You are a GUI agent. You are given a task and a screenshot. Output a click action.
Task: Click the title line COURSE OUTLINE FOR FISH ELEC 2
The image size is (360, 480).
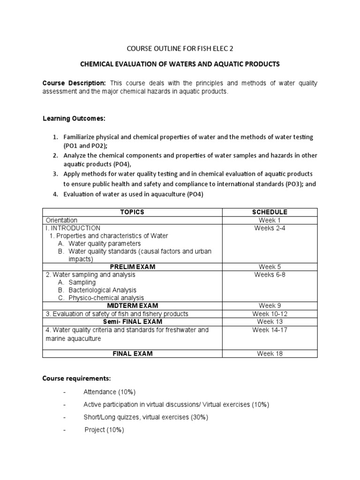click(180, 48)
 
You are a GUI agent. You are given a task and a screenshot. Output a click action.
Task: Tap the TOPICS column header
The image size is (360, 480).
click(132, 212)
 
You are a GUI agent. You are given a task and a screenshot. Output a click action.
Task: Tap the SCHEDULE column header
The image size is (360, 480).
click(270, 212)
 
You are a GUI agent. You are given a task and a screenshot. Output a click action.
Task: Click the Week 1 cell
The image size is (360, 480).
click(270, 220)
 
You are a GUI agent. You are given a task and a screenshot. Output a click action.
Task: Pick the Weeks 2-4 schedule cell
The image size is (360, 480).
click(270, 228)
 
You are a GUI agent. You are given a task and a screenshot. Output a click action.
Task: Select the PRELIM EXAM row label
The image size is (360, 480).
click(132, 267)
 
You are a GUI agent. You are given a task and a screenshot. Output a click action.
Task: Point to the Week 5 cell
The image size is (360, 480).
click(270, 267)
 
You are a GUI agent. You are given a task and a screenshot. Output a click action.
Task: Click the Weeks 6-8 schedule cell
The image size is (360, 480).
click(270, 275)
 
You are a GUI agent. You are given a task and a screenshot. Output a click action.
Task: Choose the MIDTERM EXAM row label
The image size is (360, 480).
click(132, 306)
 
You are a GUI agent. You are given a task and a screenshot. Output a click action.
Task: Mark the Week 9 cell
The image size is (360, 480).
click(270, 306)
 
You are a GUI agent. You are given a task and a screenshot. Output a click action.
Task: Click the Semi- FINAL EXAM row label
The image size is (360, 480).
click(132, 322)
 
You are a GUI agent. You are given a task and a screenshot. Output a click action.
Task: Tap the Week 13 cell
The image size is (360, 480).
click(270, 322)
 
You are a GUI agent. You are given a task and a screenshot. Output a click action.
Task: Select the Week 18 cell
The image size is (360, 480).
click(270, 353)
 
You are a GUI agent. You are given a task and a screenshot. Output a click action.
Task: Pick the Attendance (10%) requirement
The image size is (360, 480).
click(109, 392)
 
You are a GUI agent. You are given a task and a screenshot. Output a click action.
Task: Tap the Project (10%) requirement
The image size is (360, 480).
click(104, 430)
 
